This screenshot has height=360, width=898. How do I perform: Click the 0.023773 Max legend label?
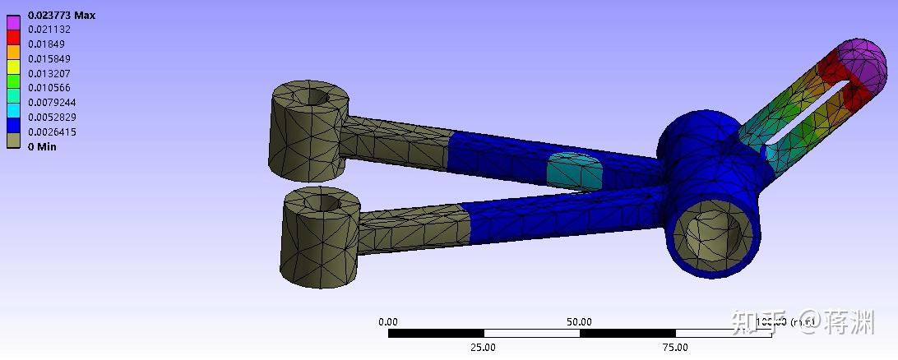coord(62,16)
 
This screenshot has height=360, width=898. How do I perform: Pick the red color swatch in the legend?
coord(12,37)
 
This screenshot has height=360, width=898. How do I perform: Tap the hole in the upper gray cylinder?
coord(316,97)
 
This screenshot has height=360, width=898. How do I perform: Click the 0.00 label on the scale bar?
coord(387,321)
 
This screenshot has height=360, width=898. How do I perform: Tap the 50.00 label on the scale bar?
coord(579,321)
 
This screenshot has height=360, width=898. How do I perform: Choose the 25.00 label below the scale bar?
coord(483,347)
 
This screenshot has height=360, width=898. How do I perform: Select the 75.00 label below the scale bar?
coord(675,347)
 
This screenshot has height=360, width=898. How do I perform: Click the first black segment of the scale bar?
coord(436,333)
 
